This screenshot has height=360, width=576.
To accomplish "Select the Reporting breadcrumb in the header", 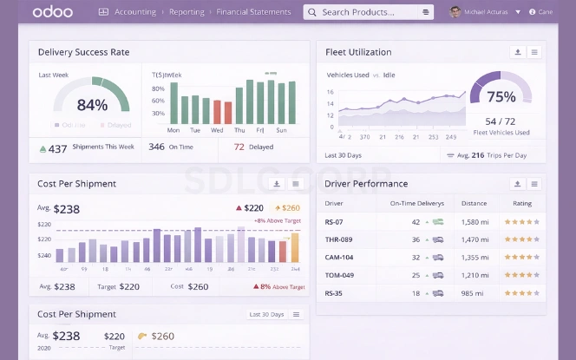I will (187, 12).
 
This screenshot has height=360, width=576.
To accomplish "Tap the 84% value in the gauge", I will (92, 105).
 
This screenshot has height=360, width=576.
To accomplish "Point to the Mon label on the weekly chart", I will (173, 130).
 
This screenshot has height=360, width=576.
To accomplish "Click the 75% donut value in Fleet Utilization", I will (501, 97).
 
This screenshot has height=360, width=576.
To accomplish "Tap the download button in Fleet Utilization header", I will (518, 52).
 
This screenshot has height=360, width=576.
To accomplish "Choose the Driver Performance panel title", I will (366, 184).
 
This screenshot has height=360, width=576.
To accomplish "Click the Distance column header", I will (475, 203).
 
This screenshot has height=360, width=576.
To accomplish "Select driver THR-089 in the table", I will (338, 239).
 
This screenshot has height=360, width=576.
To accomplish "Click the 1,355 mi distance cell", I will (475, 257).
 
